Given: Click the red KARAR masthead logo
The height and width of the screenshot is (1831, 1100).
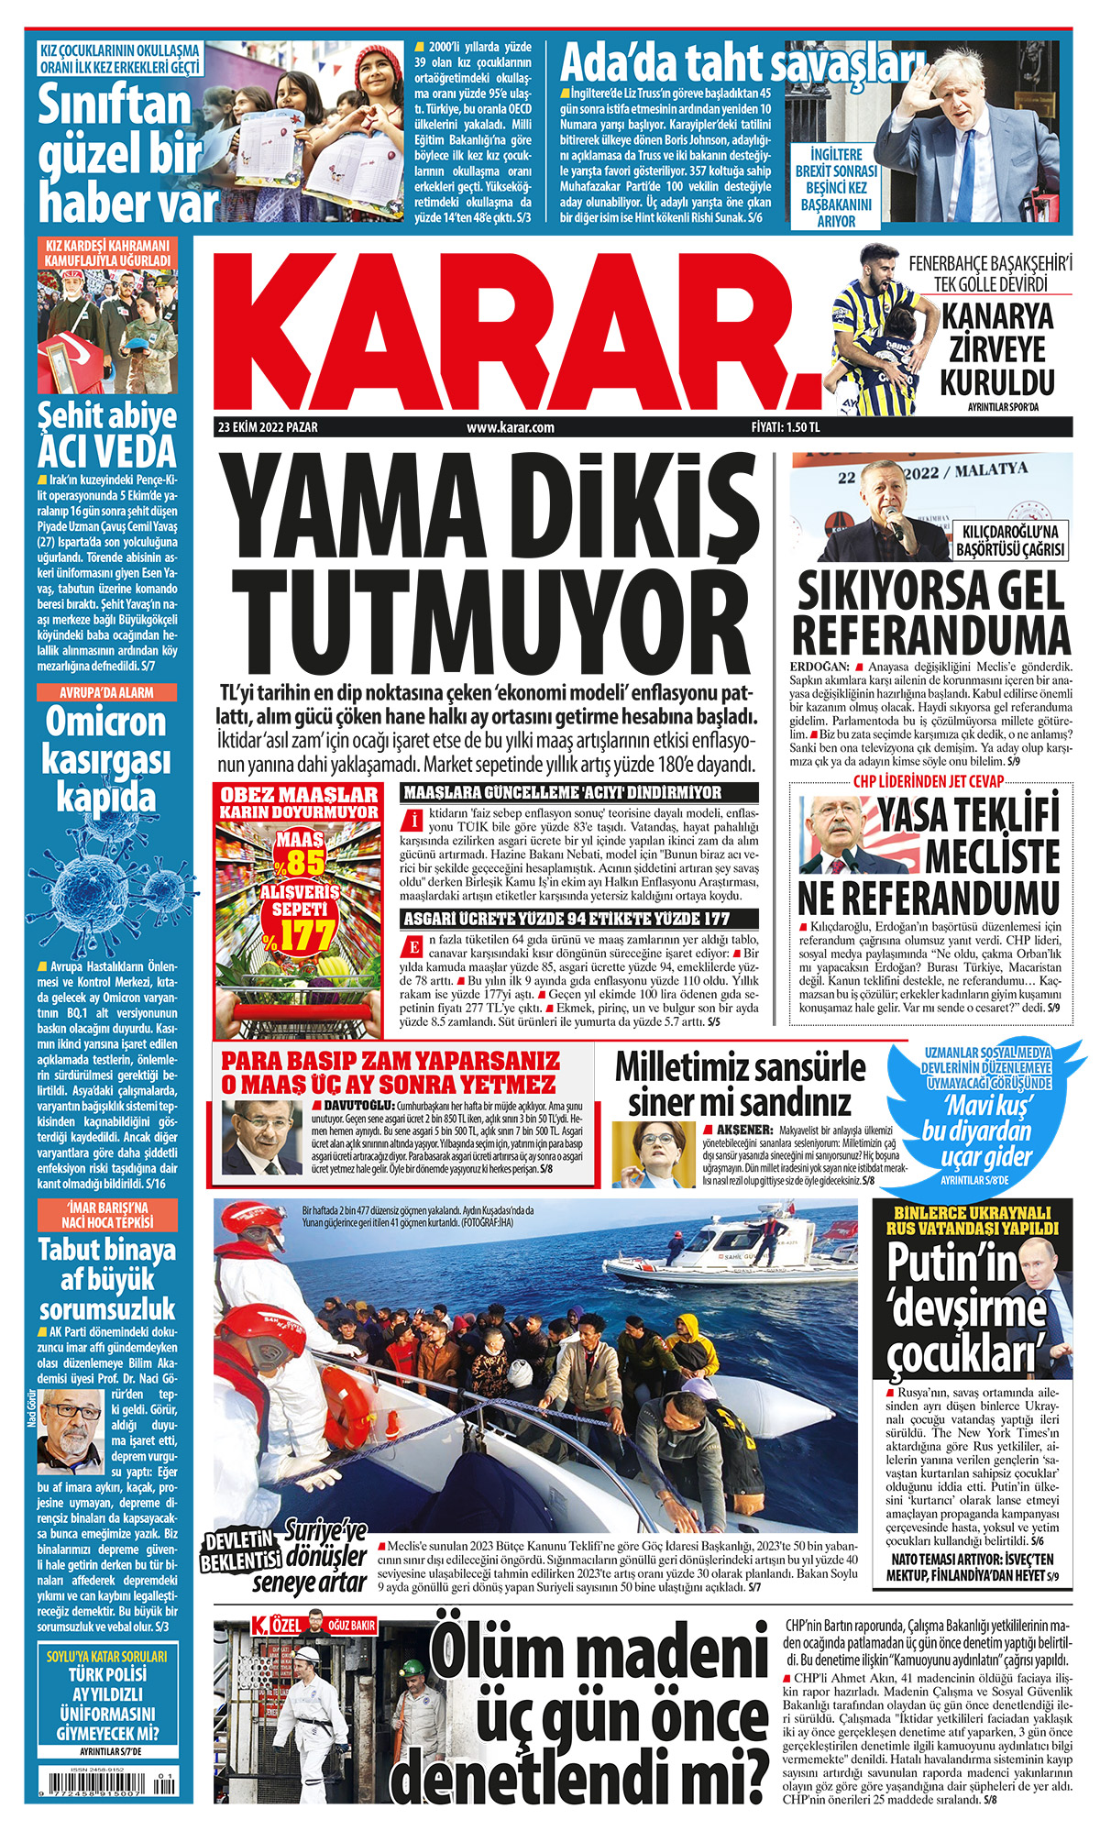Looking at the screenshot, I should coord(513,330).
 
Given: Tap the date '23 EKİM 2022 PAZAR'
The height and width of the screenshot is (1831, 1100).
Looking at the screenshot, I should coord(268,427).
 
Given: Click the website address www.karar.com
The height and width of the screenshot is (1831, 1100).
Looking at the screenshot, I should coord(511,427).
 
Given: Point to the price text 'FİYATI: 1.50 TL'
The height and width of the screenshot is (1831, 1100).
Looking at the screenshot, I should coord(786,427).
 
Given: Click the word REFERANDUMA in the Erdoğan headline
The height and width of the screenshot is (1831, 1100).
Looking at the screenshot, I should coord(931,635).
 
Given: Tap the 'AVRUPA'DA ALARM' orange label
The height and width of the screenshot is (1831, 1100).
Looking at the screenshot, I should coord(106,692).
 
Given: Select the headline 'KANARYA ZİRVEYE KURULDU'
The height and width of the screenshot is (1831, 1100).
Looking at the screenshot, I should coord(997,349).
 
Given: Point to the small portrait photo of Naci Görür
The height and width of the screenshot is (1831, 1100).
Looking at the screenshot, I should coord(70,1431).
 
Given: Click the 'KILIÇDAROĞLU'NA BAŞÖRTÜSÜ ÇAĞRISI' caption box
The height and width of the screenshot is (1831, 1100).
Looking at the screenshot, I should coord(1010,541).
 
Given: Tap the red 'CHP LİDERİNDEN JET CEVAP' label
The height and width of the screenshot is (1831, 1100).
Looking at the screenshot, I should coord(929,781).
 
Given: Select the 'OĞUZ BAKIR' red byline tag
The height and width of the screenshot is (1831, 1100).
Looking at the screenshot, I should coord(351,1626).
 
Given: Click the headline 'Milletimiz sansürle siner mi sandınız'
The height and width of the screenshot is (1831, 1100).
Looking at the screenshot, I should coord(740,1085).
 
